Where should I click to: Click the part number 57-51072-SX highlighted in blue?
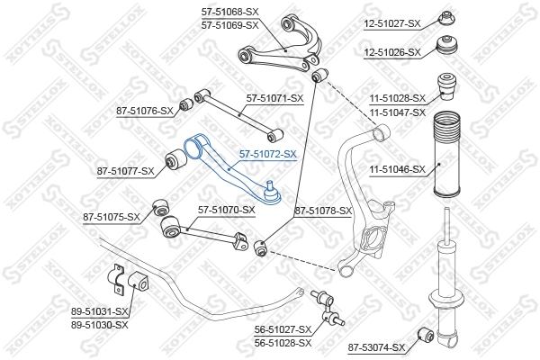[267, 155]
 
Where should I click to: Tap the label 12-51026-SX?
[391, 52]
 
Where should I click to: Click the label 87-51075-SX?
[112, 217]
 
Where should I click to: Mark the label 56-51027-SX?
[281, 330]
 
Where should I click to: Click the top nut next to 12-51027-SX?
[445, 18]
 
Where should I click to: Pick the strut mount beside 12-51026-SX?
[447, 48]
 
